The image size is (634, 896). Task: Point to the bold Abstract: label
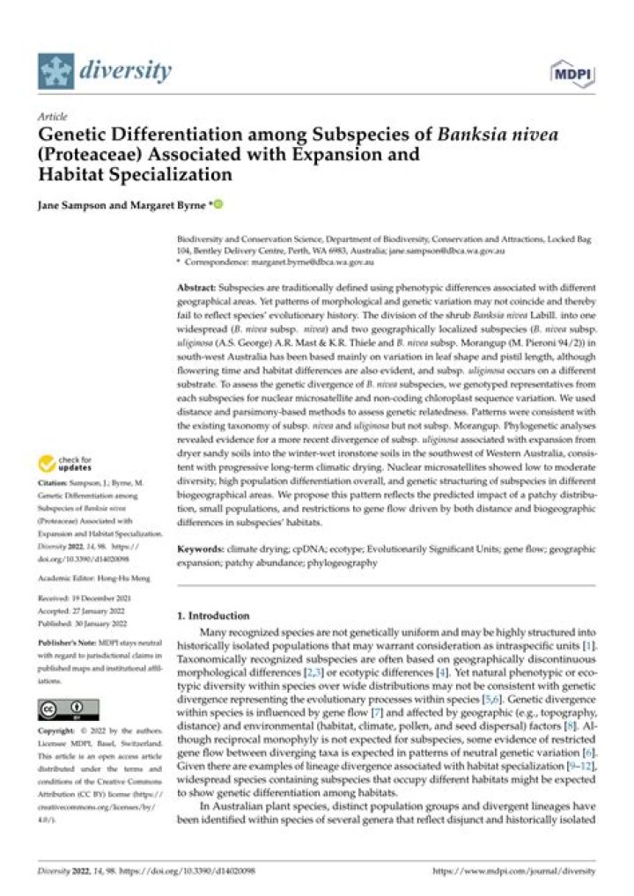(198, 287)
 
